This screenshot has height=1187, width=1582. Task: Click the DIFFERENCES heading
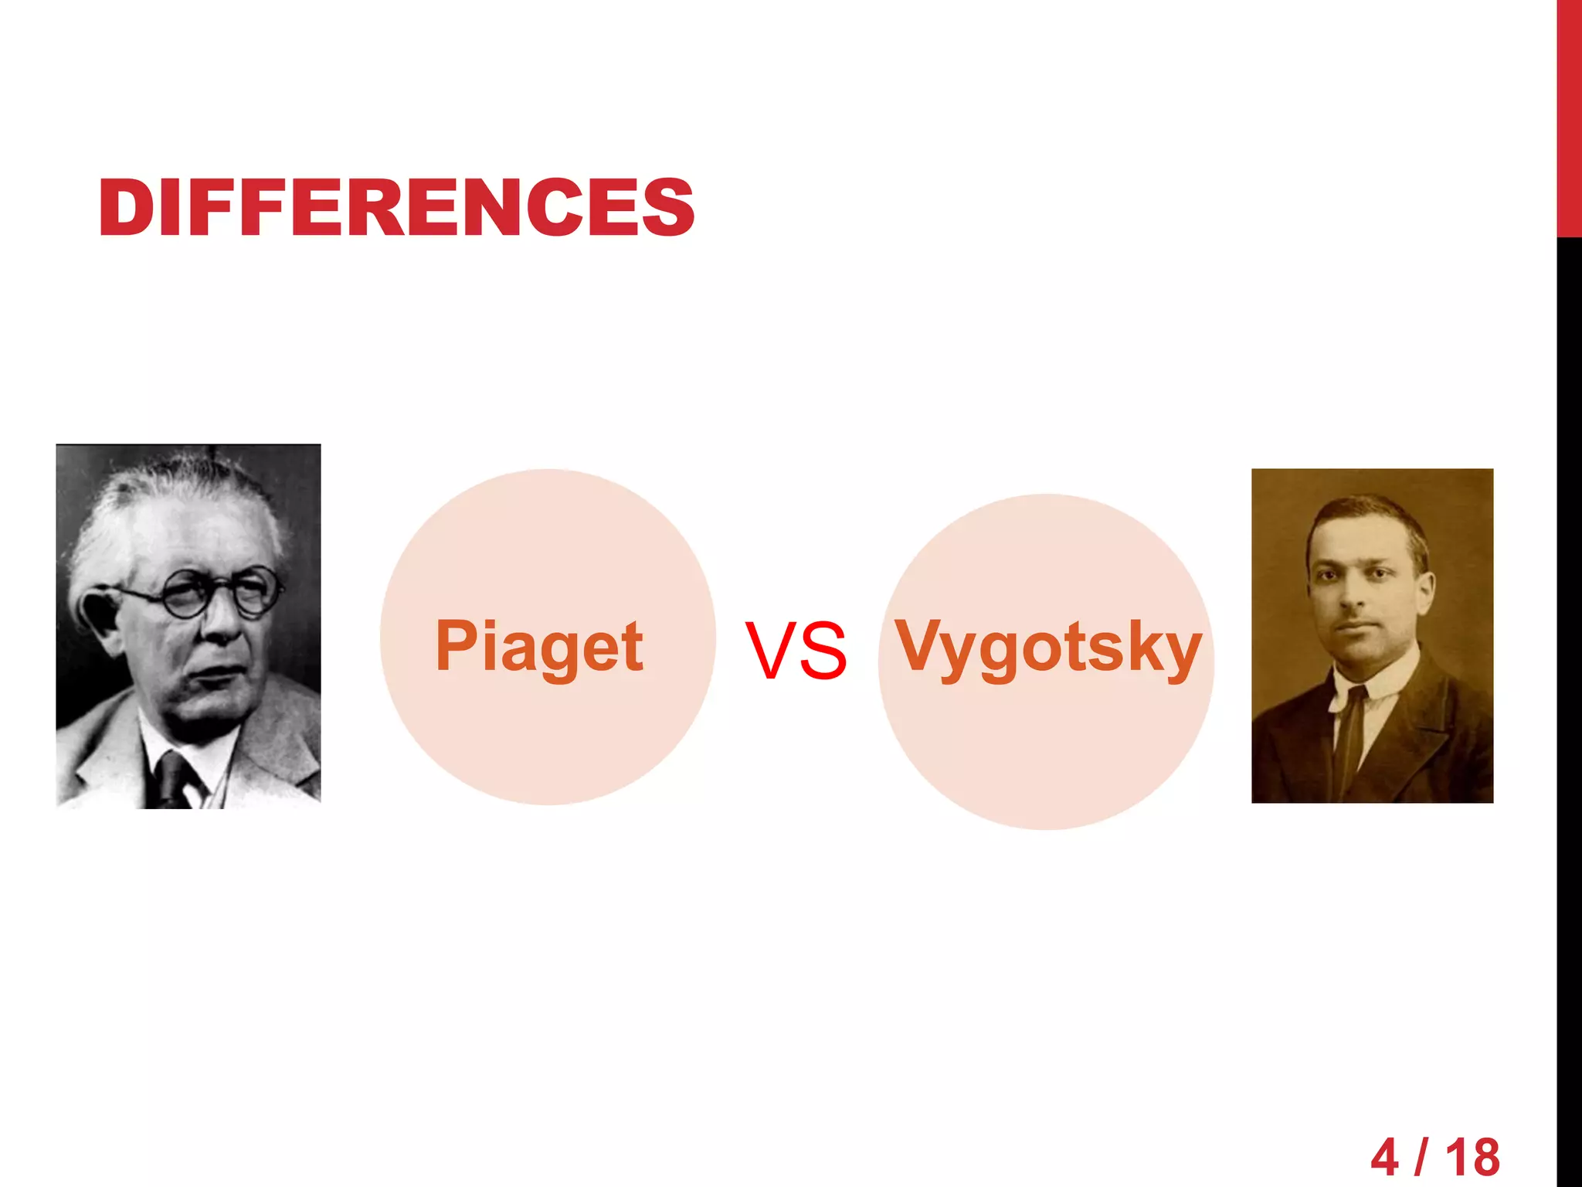point(396,207)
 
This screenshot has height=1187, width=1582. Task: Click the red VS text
point(796,651)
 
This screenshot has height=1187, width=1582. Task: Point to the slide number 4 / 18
point(1435,1157)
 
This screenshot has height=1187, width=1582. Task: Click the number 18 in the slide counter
point(1472,1157)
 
